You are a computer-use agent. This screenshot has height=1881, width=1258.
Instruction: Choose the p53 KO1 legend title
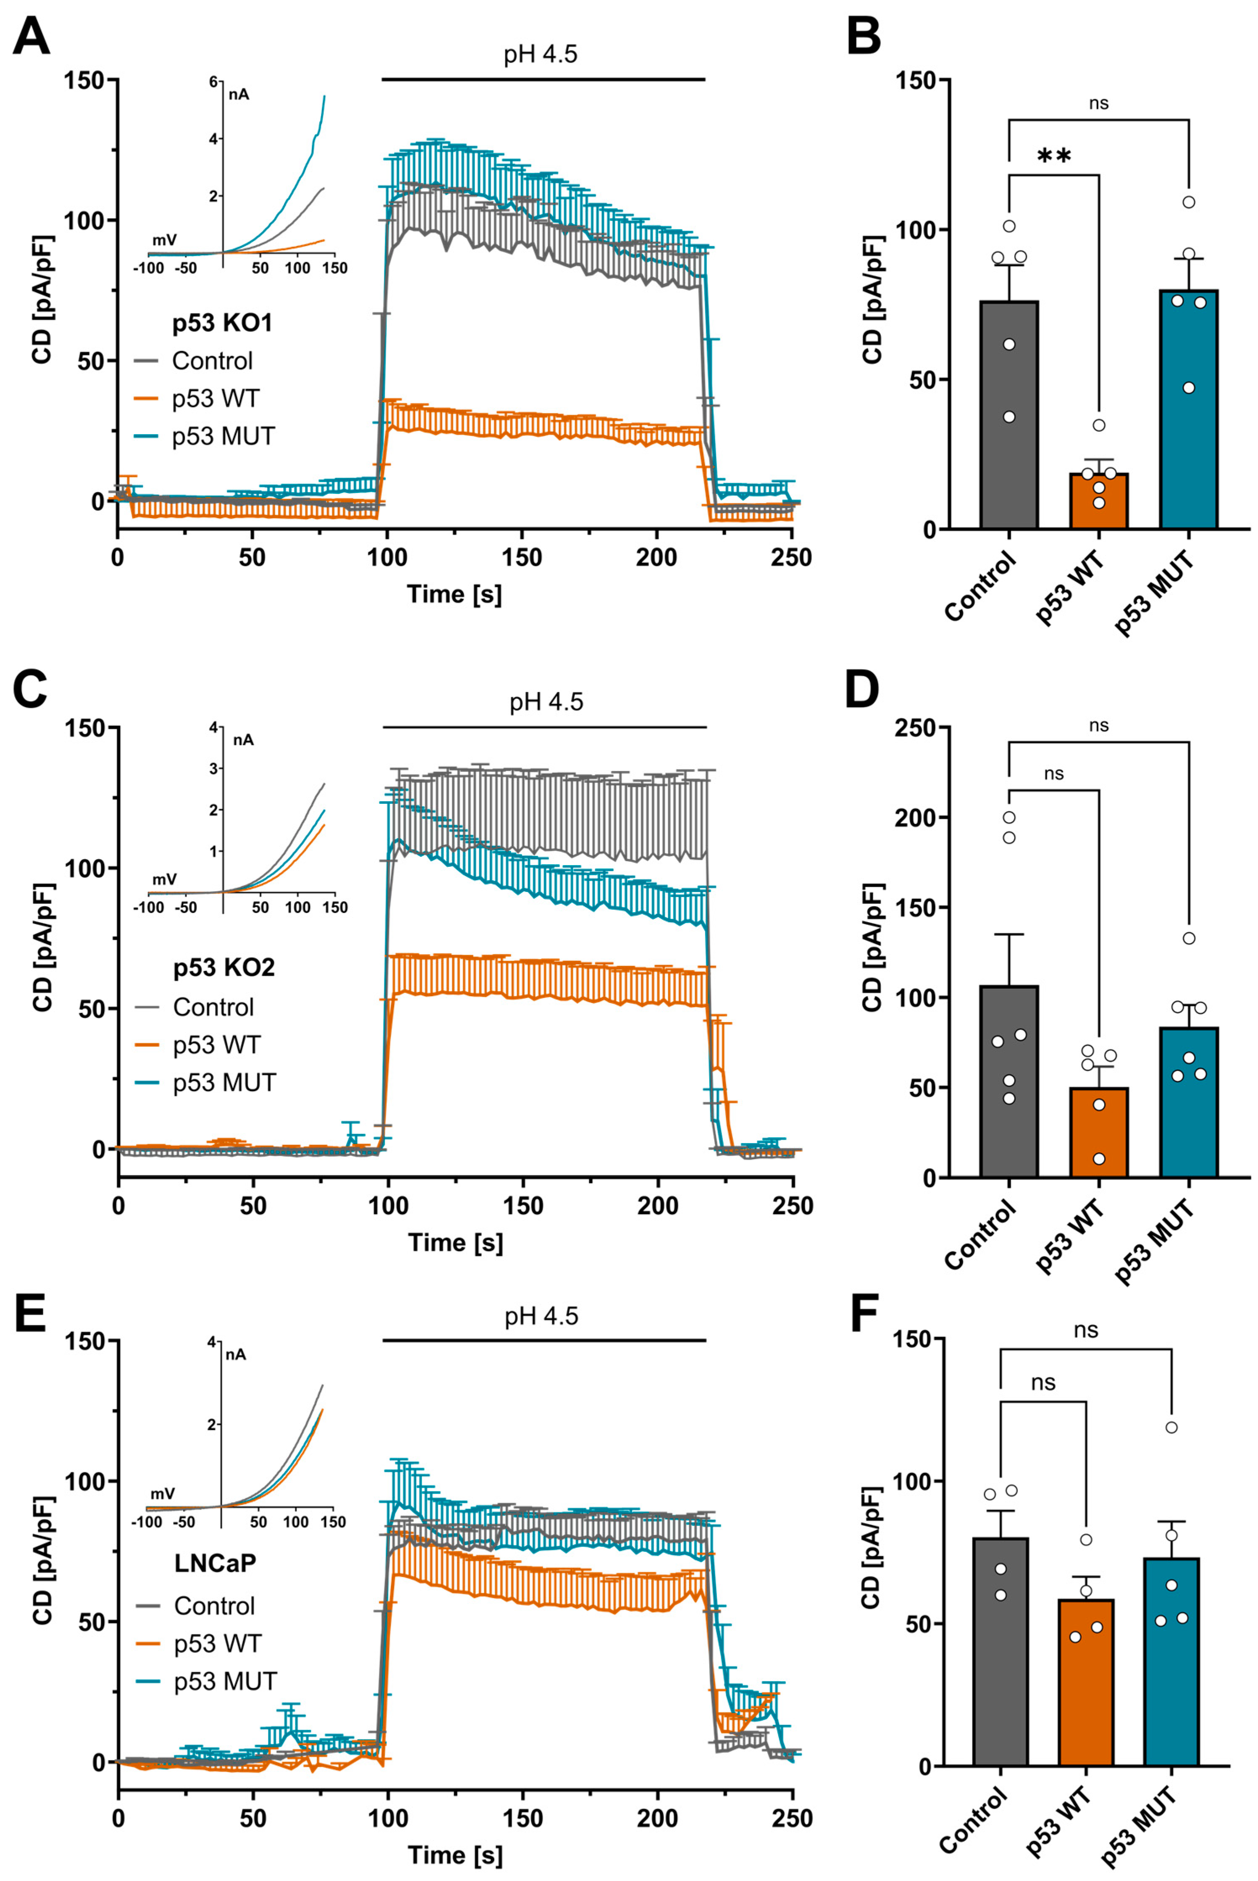pyautogui.click(x=222, y=323)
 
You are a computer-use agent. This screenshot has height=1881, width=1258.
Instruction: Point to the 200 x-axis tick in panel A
pyautogui.click(x=656, y=557)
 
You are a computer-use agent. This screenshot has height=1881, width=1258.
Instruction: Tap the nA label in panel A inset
pyautogui.click(x=238, y=94)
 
